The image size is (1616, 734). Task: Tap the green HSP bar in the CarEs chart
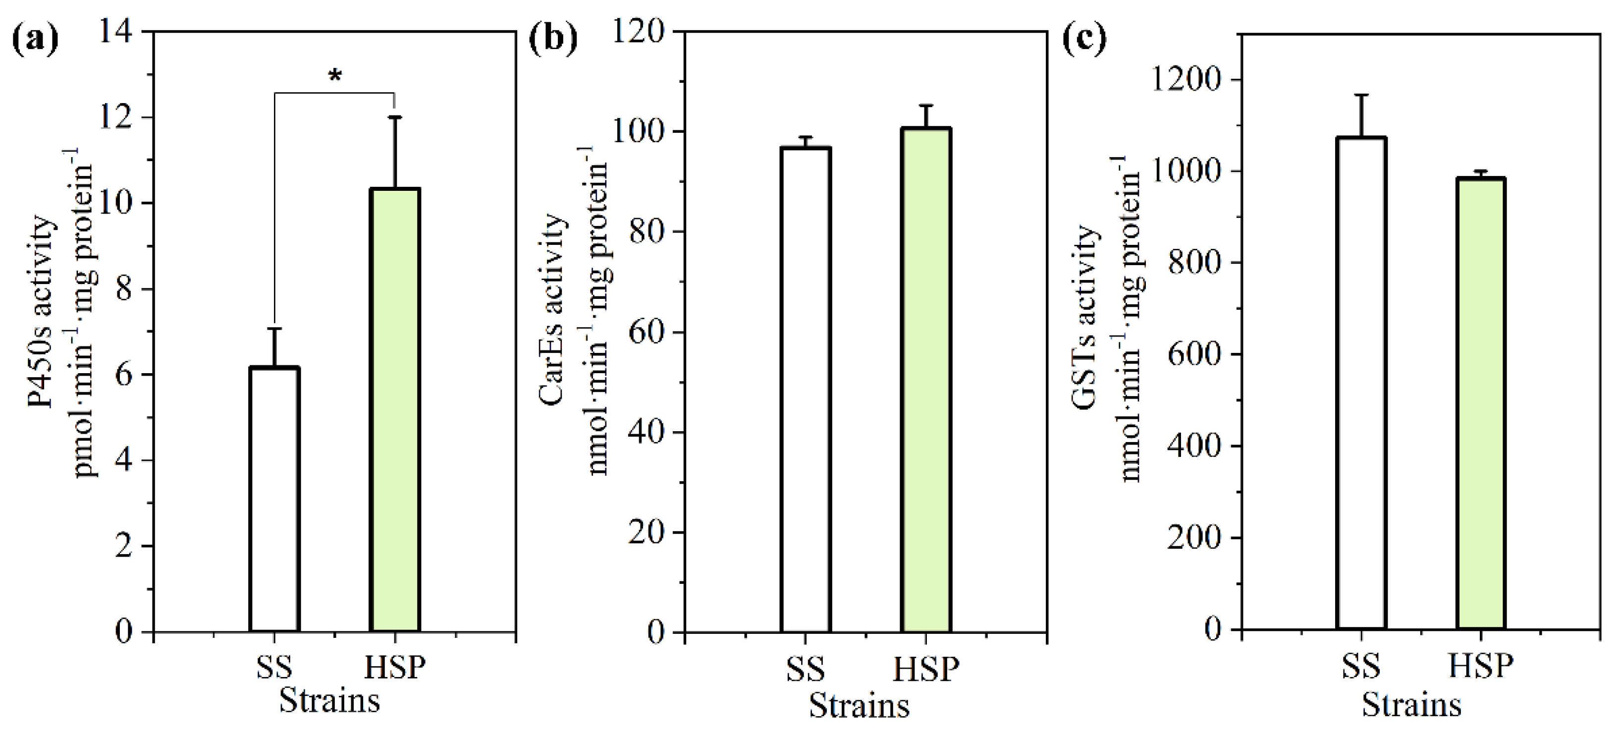click(926, 380)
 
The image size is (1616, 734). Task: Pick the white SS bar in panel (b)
click(806, 389)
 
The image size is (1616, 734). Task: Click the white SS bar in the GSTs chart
click(1361, 383)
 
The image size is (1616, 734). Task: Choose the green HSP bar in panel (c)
click(1481, 403)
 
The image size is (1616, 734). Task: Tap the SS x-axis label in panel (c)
click(1361, 666)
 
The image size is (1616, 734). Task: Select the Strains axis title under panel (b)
click(860, 706)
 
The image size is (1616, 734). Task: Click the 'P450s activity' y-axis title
click(43, 314)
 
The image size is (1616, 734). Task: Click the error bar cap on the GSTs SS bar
click(1361, 95)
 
